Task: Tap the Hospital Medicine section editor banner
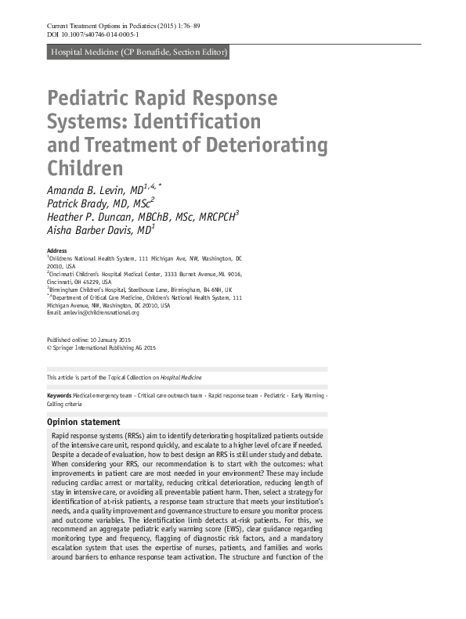pos(138,53)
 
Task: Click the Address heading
pos(57,250)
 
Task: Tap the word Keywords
pos(60,396)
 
